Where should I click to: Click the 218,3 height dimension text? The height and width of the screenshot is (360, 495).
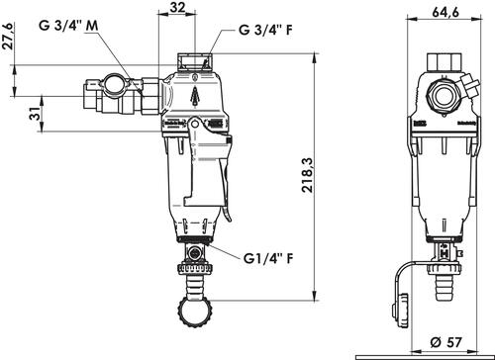308,175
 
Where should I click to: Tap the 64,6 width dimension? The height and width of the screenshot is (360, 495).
445,12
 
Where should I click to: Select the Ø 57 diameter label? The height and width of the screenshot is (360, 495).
445,342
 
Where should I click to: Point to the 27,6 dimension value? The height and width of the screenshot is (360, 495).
8,36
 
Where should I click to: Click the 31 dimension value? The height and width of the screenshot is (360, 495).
36,114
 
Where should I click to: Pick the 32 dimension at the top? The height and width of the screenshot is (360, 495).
177,7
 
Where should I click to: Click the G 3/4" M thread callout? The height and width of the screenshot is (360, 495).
68,25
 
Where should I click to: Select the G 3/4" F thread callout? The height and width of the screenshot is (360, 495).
265,30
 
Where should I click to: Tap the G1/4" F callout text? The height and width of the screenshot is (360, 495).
268,258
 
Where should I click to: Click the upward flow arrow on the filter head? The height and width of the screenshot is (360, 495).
196,96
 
